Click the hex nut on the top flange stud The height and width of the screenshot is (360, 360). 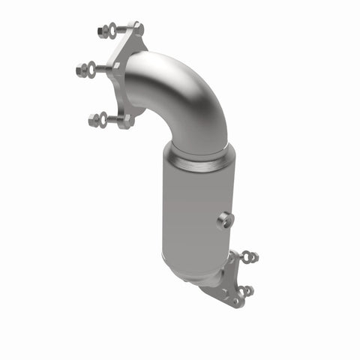tap(102, 31)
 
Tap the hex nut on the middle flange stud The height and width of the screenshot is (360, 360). tap(81, 70)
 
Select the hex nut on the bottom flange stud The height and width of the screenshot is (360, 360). tap(94, 119)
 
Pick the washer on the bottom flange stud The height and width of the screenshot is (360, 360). tap(104, 118)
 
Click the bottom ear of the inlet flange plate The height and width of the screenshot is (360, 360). tap(127, 119)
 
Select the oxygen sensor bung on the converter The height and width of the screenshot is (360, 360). tap(224, 220)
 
